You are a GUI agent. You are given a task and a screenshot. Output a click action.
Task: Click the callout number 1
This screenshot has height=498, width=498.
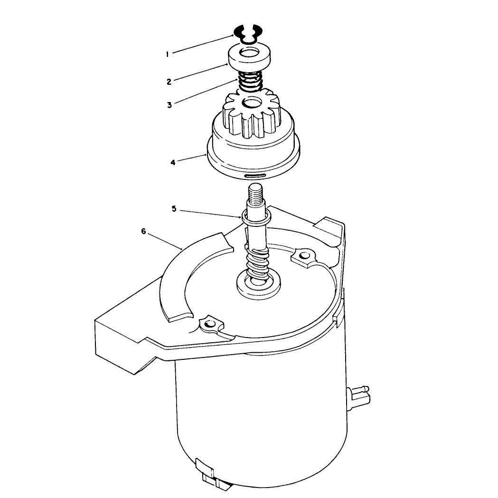pos(167,54)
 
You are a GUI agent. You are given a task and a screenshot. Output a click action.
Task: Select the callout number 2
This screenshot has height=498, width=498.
pos(169,82)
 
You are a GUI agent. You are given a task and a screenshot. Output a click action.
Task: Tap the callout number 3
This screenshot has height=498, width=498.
pos(169,105)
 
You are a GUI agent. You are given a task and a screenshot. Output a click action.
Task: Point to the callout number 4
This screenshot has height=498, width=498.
pos(173,163)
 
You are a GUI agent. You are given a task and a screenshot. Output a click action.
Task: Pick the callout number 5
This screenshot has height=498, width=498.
pos(174,209)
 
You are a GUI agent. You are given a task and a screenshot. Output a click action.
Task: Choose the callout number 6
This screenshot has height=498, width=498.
pos(143,232)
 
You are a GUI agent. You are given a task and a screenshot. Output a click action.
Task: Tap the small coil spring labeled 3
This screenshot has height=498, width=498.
pos(250,81)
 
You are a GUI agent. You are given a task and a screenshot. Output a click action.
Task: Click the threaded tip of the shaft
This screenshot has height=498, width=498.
pos(255,193)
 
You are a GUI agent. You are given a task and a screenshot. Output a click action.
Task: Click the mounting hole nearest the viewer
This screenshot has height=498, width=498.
pos(209,324)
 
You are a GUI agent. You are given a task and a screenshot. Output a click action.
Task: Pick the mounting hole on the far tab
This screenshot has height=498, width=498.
pos(304,255)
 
